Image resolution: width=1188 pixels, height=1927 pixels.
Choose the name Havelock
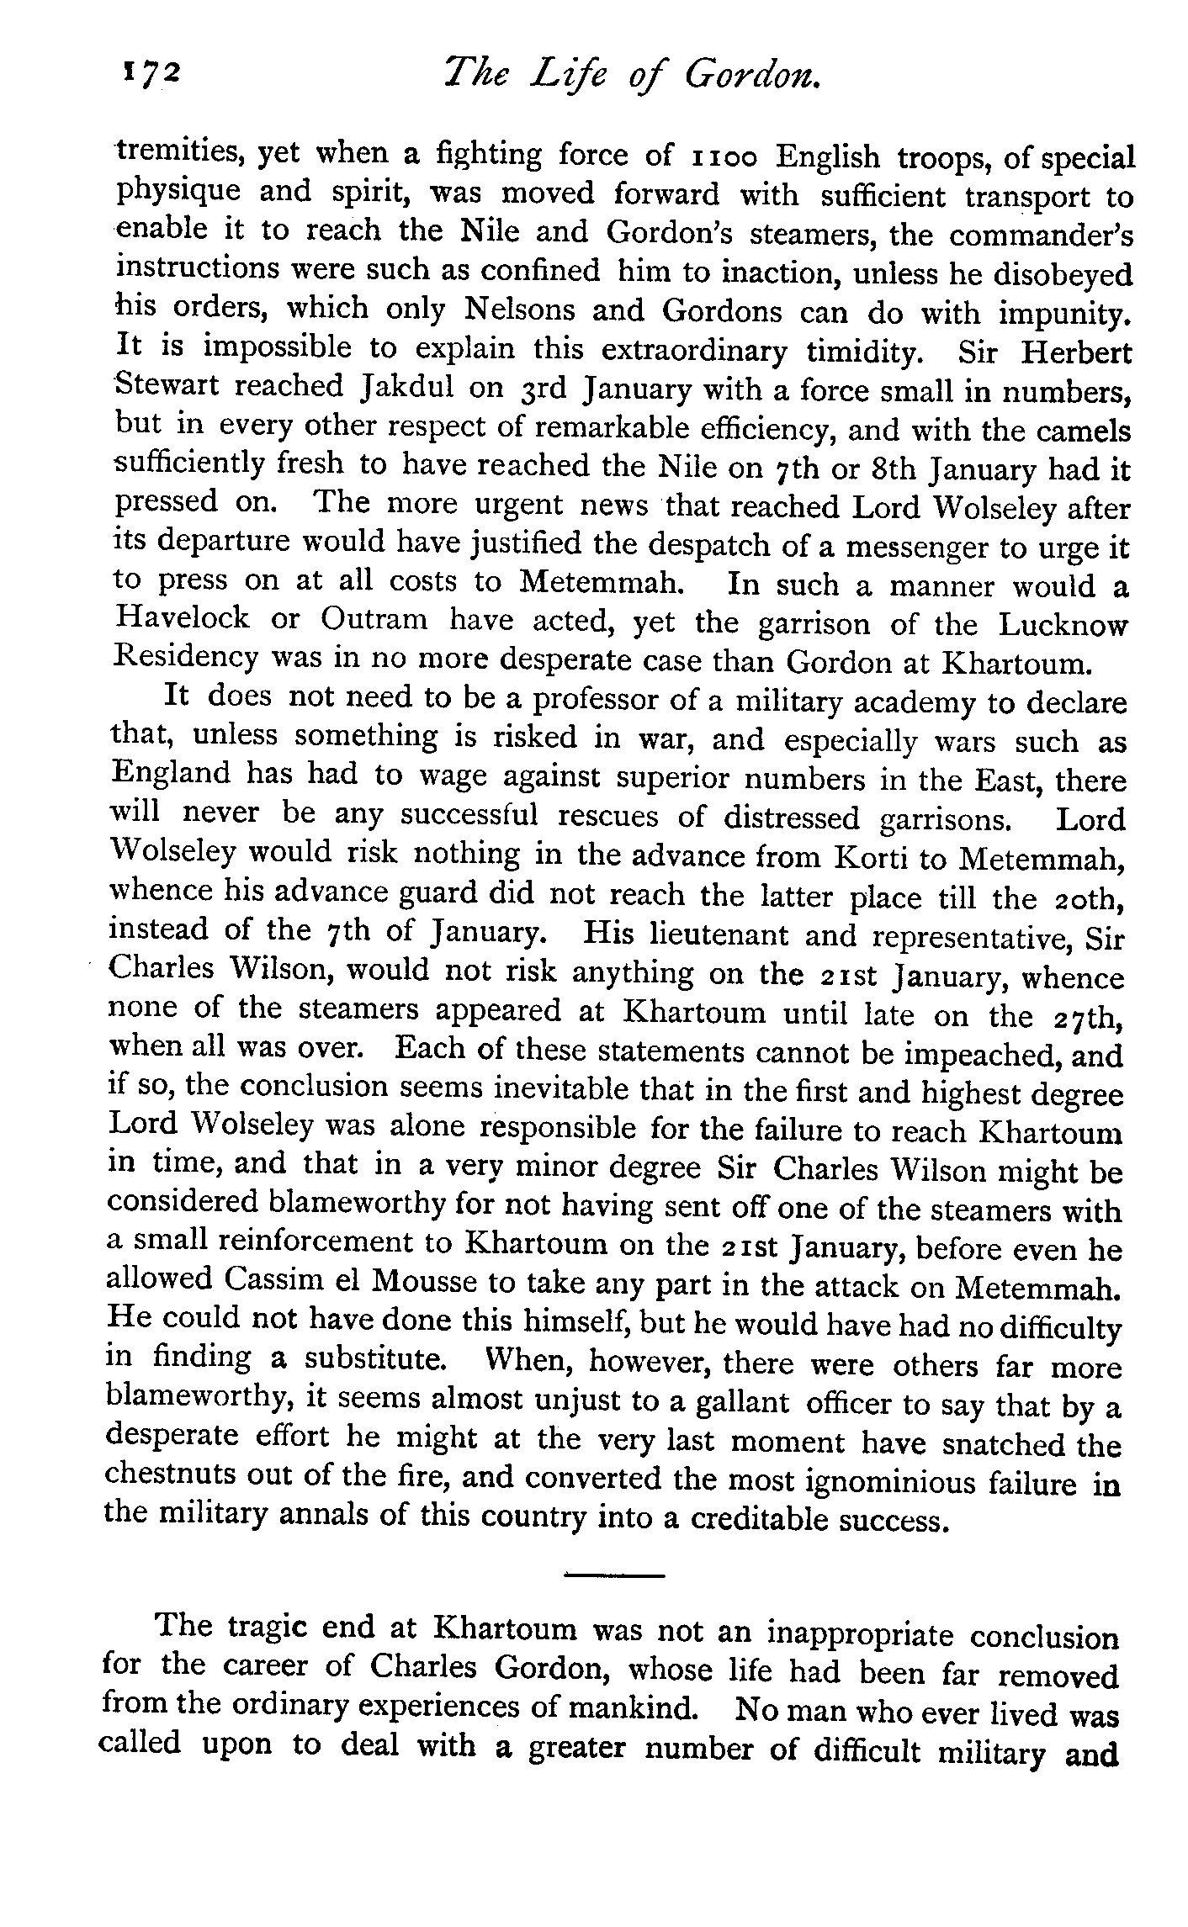(x=183, y=619)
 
